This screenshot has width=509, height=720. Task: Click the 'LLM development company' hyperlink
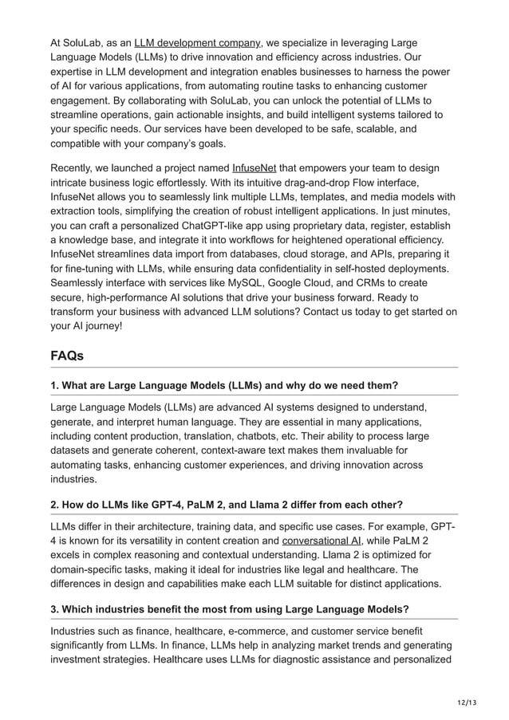(x=197, y=42)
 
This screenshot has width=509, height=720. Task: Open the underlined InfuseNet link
(x=254, y=168)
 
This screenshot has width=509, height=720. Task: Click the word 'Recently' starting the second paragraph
(x=75, y=168)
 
